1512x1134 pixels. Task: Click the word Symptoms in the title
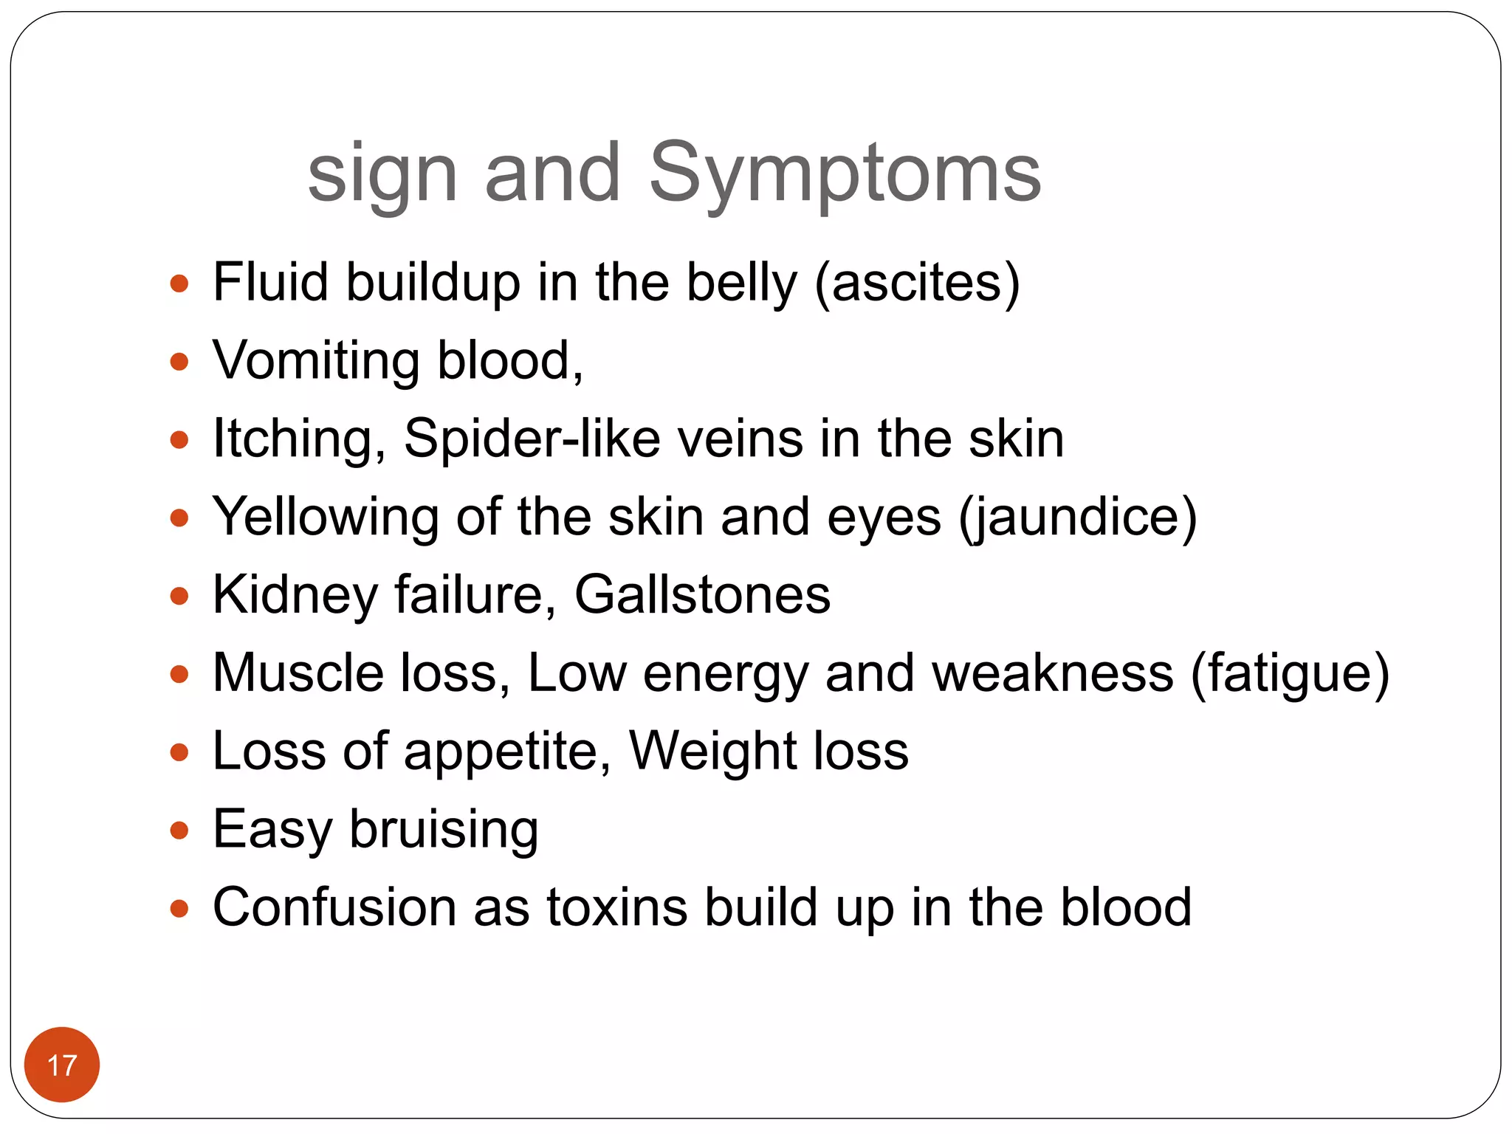tap(845, 174)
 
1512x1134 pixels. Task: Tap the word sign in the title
tap(382, 176)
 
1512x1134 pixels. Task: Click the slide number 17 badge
tap(62, 1065)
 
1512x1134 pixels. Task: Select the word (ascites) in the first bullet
tap(918, 283)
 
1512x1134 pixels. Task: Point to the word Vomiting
tap(317, 362)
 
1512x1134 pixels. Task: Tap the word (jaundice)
tap(1078, 518)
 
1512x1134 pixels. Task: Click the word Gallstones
tap(702, 595)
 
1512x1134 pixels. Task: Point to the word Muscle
tap(298, 673)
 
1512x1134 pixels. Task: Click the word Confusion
tap(334, 908)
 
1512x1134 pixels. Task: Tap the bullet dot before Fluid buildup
tap(179, 283)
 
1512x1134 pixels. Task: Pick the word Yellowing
tap(326, 518)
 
